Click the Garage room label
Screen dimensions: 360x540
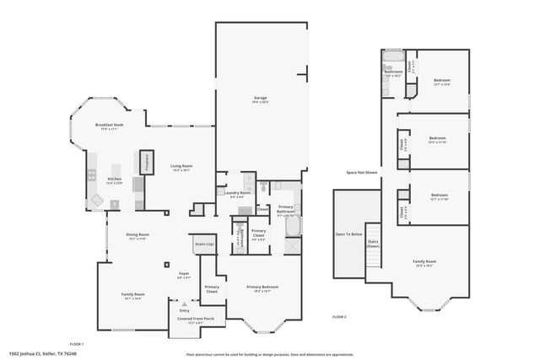point(261,99)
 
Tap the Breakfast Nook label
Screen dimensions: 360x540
point(110,126)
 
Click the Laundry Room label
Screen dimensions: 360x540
point(239,193)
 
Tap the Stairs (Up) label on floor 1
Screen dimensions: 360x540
point(204,244)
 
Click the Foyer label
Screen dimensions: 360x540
point(183,273)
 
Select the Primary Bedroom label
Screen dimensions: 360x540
point(262,287)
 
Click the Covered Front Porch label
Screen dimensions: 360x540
point(195,319)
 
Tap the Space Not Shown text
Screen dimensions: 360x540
point(361,172)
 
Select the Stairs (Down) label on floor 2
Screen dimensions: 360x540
point(372,244)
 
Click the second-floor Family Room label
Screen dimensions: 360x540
point(424,262)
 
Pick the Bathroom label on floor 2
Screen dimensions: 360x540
point(393,73)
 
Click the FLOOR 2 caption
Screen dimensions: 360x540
point(339,315)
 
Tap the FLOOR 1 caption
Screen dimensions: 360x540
point(76,343)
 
